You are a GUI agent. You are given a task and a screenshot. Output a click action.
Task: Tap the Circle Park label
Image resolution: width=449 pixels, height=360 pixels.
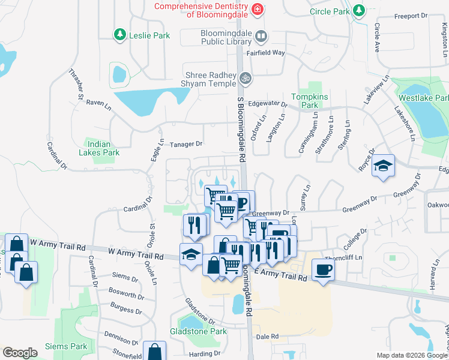coord(330,11)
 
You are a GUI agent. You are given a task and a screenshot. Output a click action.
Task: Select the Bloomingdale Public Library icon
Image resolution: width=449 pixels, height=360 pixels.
coord(261,36)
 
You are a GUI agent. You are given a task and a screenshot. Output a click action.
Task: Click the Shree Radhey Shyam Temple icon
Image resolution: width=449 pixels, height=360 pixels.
coord(244,78)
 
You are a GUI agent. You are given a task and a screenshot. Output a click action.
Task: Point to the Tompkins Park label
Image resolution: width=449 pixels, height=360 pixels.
coord(304,101)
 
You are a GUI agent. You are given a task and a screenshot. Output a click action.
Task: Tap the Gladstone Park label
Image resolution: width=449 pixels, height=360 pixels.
coord(198,331)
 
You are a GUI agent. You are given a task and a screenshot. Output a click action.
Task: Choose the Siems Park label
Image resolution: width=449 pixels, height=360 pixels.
coord(66,346)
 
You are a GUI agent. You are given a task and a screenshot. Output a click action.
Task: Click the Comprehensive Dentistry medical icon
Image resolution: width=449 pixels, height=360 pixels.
coord(257,9)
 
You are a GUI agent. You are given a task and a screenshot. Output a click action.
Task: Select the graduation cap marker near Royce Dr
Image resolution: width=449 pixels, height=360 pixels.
coord(382,166)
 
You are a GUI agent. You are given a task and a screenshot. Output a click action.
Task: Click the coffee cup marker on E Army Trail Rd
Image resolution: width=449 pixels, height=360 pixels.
coord(323,270)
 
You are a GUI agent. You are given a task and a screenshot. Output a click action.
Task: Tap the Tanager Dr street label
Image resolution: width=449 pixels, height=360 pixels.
coord(187,144)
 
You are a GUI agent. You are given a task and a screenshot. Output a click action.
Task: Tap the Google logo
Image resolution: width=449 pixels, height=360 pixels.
coord(20,353)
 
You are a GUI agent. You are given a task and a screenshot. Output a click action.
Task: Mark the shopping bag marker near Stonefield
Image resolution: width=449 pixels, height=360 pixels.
coord(155,352)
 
